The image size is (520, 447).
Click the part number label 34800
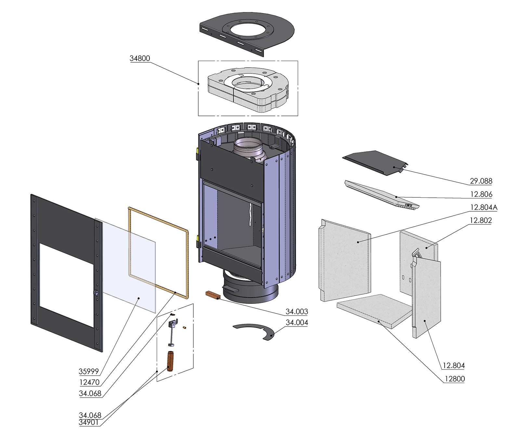[140, 58]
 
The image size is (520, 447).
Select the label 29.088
[481, 181]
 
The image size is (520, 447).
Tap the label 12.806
[481, 194]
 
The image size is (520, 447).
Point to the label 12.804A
[483, 207]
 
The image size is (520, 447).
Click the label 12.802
[481, 220]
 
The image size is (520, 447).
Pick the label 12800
[454, 379]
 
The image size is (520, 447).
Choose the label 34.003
[296, 312]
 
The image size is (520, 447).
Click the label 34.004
[296, 323]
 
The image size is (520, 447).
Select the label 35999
[88, 371]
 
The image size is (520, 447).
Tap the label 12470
[89, 382]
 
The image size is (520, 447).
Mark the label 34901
[88, 422]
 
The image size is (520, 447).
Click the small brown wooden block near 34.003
[213, 295]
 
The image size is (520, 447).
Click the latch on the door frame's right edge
[96, 292]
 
